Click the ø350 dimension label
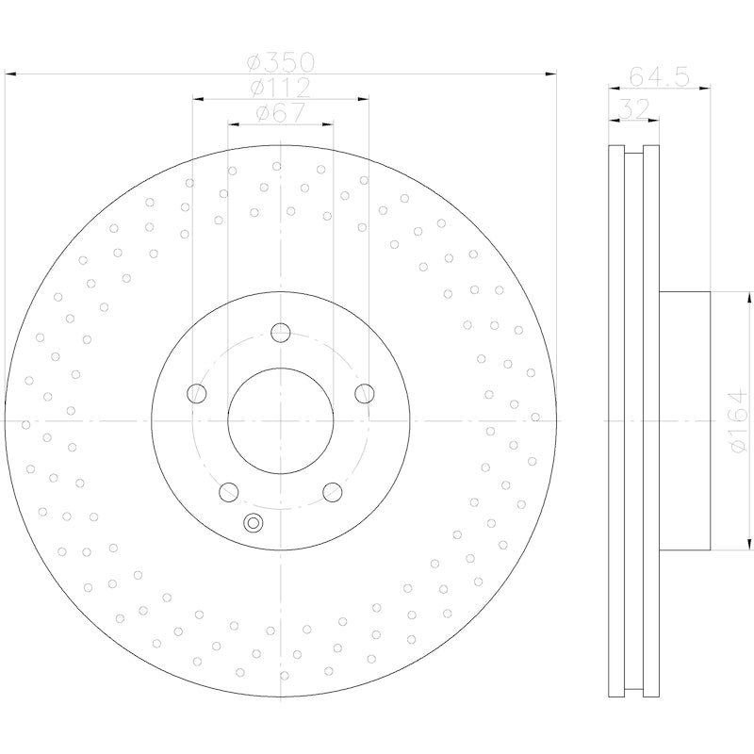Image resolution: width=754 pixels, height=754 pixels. [x=280, y=64]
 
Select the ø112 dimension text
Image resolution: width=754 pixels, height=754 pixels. [x=280, y=89]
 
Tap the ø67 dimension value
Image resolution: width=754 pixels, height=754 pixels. [x=280, y=114]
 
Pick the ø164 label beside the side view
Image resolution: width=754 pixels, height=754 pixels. [x=737, y=420]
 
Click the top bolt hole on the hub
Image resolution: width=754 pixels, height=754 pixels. [x=280, y=332]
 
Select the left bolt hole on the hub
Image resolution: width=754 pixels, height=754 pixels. [x=197, y=393]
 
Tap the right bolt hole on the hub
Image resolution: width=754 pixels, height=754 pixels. [x=364, y=393]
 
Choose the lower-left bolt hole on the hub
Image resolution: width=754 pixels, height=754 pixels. [x=228, y=491]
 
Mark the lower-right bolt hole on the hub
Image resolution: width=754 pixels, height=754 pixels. [x=332, y=491]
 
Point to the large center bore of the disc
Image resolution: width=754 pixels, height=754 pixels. [x=280, y=420]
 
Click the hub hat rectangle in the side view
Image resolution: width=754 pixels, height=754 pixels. [x=684, y=420]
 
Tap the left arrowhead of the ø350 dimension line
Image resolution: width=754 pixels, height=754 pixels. [x=10, y=73]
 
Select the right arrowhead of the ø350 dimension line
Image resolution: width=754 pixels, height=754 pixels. [x=550, y=73]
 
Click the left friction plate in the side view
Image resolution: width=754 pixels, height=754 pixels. [x=616, y=420]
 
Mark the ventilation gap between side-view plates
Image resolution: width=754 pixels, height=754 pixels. [x=633, y=420]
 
